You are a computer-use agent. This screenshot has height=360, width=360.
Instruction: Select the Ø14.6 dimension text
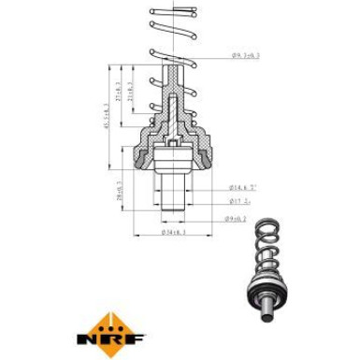[244, 188]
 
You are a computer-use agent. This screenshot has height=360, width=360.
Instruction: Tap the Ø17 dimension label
[240, 200]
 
